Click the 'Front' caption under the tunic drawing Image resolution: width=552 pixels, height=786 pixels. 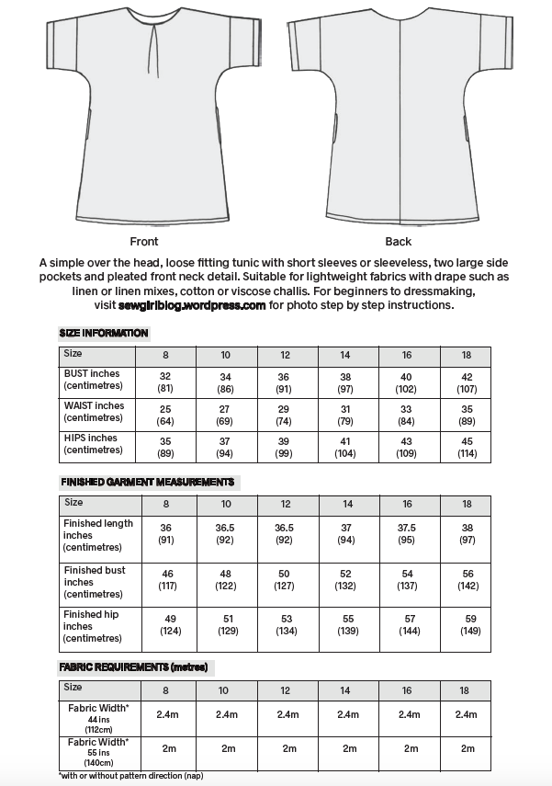144,242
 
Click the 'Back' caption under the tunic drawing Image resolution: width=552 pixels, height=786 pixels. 399,242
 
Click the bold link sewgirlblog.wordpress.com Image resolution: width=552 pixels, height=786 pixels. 192,305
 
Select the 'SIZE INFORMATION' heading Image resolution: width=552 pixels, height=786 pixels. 103,333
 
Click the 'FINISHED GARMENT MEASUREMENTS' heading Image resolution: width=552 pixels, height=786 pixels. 147,482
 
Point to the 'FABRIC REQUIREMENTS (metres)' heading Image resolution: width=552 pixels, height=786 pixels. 133,666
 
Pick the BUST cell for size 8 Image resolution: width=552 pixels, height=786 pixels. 165,382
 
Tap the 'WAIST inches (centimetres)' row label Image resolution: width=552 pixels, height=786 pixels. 94,411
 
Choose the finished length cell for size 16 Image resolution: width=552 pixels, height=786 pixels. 408,534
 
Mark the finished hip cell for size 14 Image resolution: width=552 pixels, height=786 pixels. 347,626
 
